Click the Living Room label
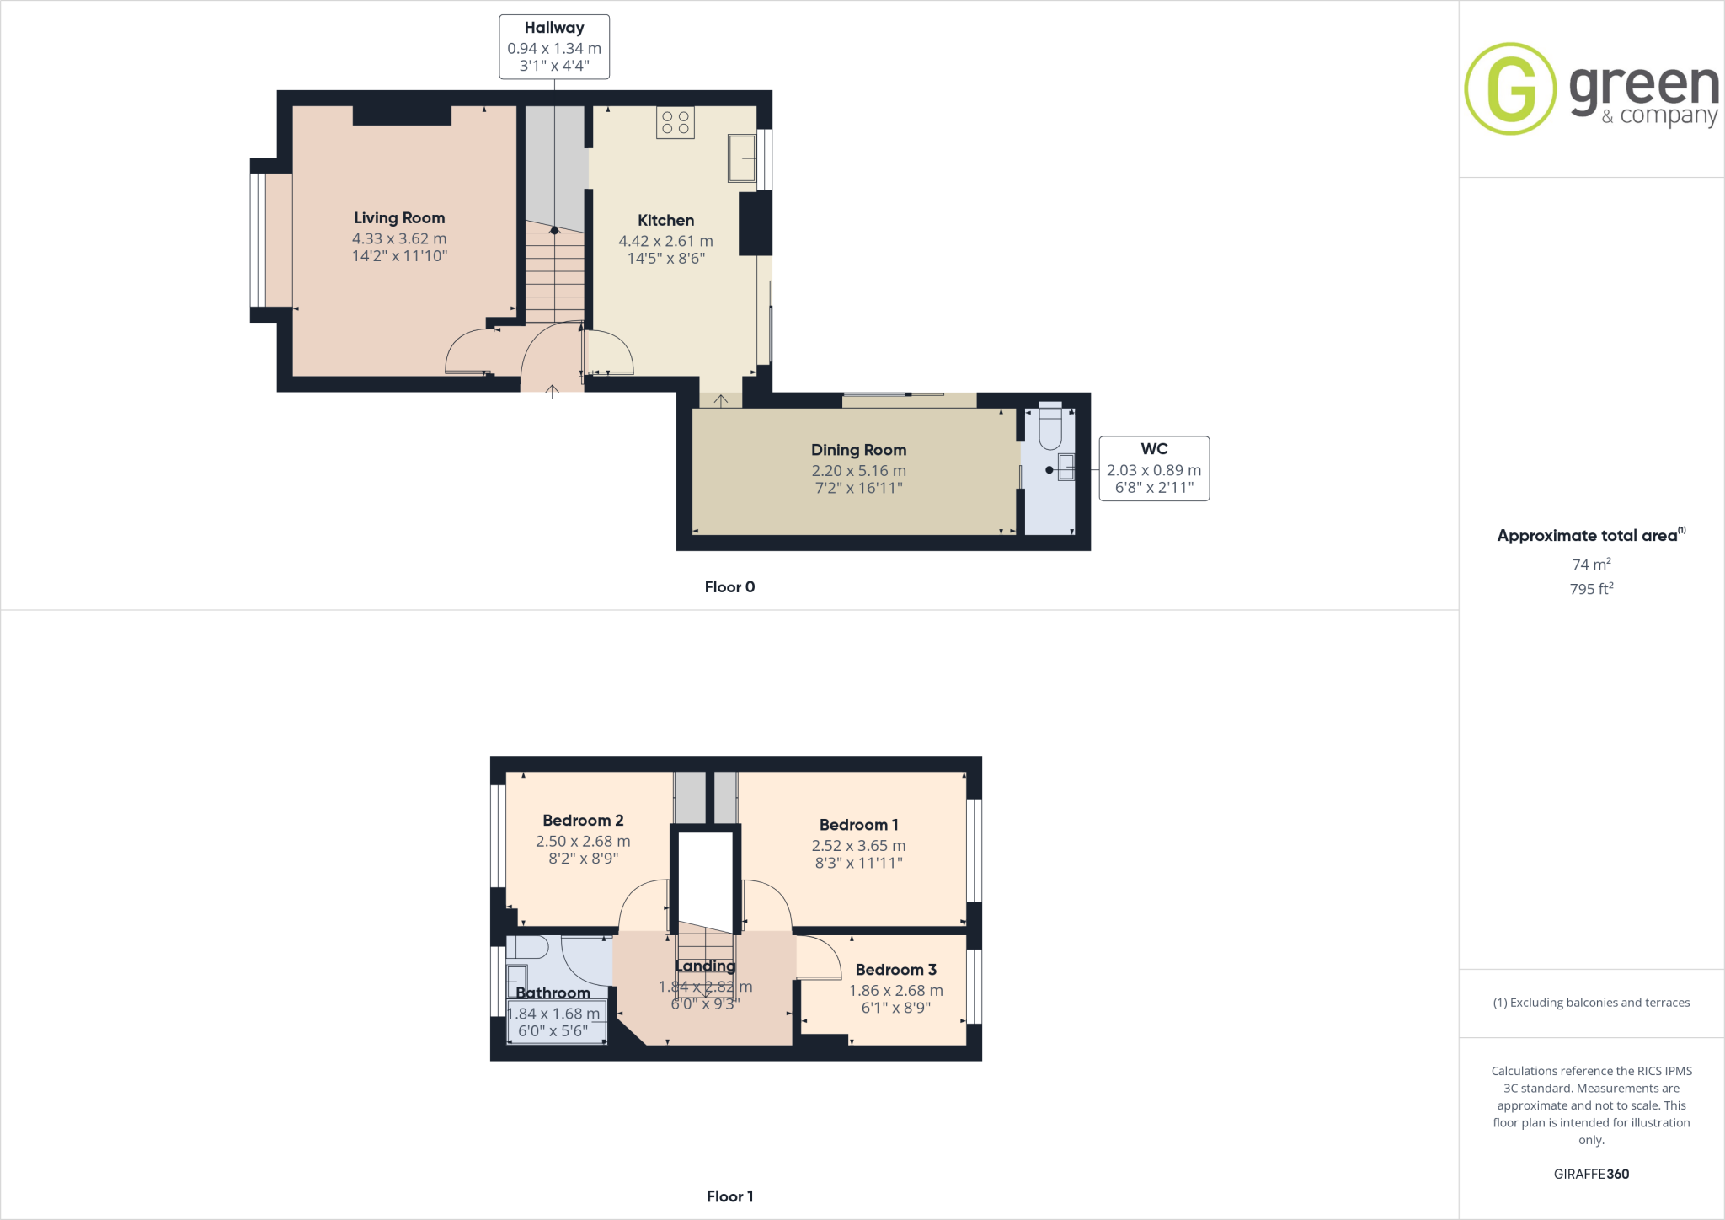399,218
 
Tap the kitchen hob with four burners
675,122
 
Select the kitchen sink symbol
742,158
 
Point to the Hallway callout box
554,47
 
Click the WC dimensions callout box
1154,468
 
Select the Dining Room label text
858,450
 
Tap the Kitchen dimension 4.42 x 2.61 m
665,241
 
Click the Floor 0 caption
729,587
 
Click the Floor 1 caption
729,1196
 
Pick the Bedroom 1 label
858,825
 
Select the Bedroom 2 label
583,821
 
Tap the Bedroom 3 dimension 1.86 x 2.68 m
895,991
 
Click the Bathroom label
553,993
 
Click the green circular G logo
1509,88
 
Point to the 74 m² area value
1591,564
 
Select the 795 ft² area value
1591,589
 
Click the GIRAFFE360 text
1591,1174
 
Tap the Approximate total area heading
1588,536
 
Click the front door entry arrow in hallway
552,390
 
